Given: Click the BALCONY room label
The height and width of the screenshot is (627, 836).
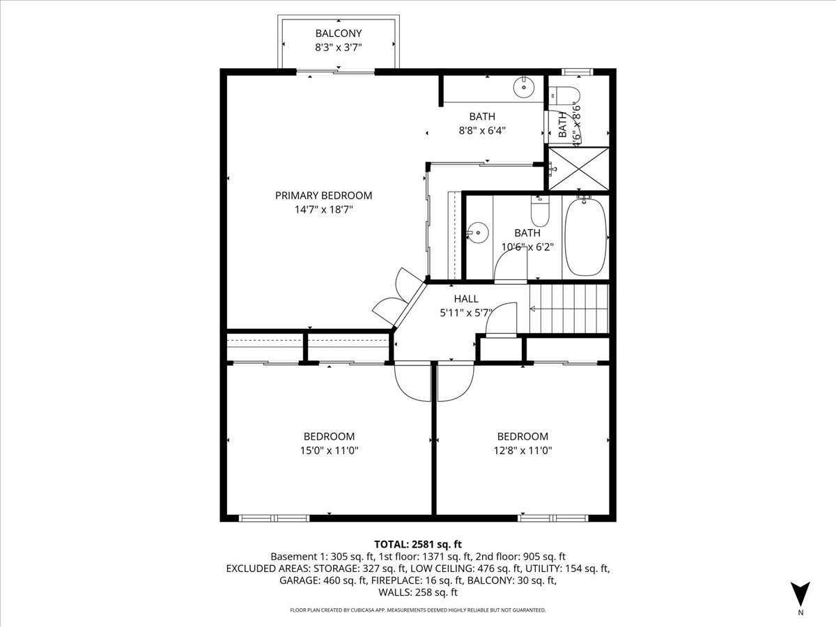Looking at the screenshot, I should coord(339,33).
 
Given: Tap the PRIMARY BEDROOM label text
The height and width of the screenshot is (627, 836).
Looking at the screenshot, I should coord(323,196).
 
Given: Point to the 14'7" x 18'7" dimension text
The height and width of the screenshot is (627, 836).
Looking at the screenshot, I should coord(323,209).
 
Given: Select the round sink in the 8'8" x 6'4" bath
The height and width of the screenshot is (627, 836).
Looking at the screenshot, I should coord(523,88).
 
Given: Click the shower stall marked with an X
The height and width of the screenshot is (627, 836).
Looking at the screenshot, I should coord(578,169).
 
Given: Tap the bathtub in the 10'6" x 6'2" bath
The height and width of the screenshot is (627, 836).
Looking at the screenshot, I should coord(585,237).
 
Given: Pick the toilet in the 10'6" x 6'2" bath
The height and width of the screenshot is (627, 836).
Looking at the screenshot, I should coord(541,209).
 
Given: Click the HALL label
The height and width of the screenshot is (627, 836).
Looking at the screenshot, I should coord(466,299).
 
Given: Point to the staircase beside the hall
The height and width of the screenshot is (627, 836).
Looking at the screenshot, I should coord(568,309).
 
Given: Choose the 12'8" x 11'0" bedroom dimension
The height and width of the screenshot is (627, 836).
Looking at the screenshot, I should coord(522,450).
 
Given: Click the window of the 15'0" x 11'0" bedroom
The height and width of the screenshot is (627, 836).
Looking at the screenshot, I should coord(274,518).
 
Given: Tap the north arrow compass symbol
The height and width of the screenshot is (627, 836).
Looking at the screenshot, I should coord(800,594).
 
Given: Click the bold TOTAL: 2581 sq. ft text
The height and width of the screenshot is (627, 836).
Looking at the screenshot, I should coord(418,544).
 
